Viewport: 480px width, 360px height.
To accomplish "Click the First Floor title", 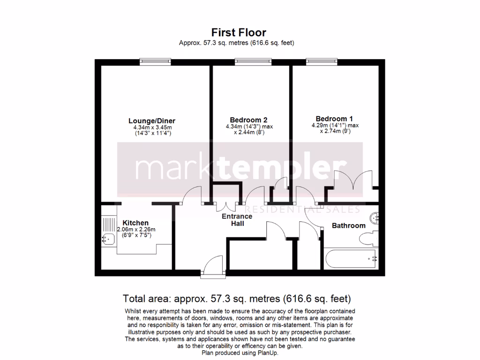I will (239, 32).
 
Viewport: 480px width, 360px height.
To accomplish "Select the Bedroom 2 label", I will (248, 120).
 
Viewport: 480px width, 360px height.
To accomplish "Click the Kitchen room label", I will (135, 223).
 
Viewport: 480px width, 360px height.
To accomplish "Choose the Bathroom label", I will (348, 225).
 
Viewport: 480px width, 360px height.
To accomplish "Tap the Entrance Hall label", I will (237, 220).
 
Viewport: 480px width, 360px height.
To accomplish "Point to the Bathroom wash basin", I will (375, 217).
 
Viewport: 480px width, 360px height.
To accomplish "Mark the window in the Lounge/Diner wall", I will (156, 61).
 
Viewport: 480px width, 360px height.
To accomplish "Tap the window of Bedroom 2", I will (253, 61).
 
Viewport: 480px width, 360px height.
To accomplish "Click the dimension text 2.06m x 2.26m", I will (136, 230).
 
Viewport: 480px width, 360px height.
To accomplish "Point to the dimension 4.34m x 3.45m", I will (152, 127).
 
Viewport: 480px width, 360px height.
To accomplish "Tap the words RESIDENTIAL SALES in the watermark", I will (303, 209).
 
